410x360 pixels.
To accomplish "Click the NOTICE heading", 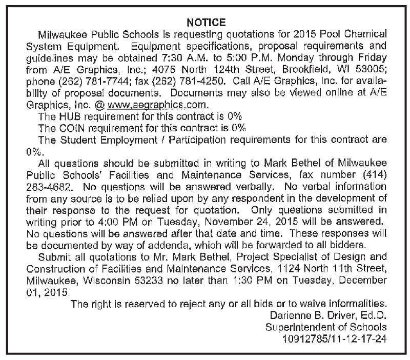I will [206, 23].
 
